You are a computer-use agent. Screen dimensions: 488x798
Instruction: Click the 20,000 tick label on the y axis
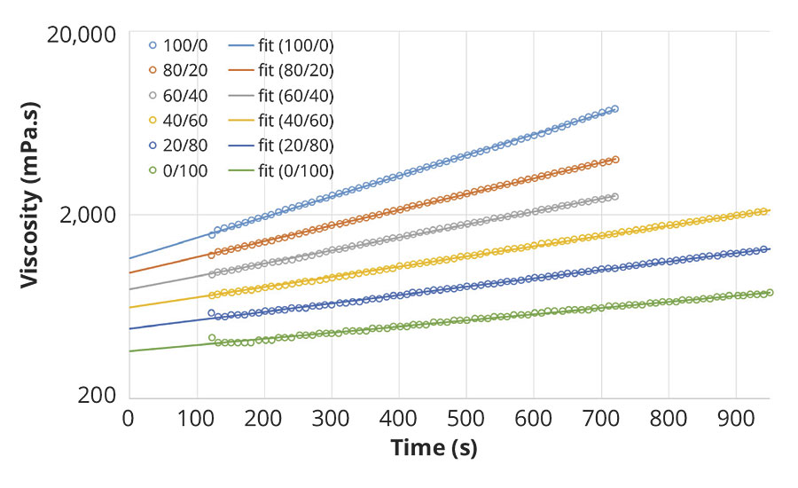pos(81,35)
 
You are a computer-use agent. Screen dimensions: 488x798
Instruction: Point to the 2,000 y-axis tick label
pos(87,215)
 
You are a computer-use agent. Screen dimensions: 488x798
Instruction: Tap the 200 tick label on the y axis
pos(98,396)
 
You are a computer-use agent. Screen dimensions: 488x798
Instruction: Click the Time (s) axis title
pos(434,449)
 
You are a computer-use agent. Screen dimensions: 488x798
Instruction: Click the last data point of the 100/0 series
pos(614,109)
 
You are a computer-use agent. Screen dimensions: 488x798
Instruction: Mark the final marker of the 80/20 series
pos(615,160)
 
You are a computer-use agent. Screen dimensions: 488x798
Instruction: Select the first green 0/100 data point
pos(212,337)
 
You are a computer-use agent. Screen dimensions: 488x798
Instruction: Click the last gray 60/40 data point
pos(615,196)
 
